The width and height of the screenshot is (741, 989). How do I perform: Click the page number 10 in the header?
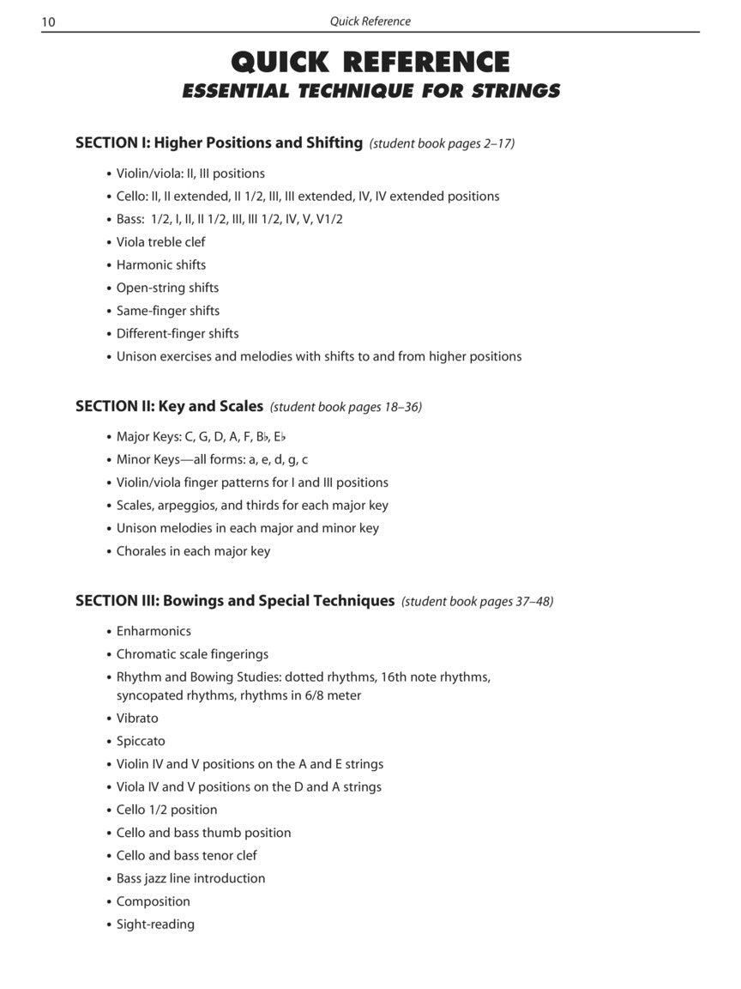coord(48,21)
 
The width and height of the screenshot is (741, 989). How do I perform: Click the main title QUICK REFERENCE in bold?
coord(370,62)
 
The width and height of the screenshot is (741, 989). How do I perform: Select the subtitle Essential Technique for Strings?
coord(370,91)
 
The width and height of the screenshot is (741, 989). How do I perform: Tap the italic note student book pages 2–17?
coord(442,144)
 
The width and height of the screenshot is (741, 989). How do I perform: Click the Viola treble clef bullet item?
coord(160,242)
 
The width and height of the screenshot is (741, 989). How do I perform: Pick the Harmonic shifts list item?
coord(161,265)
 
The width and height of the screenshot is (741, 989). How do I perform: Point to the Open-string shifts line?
coord(167,288)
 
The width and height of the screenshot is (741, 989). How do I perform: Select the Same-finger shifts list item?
coord(168,311)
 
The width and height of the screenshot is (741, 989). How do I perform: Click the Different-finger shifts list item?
coord(178,334)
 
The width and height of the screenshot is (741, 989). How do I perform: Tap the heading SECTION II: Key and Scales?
coord(169,406)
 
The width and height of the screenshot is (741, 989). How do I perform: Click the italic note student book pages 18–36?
coord(346,407)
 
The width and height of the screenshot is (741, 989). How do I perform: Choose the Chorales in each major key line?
coord(193,551)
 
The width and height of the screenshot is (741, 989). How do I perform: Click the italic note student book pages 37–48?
coord(477,602)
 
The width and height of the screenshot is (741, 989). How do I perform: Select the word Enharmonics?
coord(154,631)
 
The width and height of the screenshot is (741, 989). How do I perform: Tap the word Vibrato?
coord(137,719)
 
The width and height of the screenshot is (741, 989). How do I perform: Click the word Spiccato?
coord(141,741)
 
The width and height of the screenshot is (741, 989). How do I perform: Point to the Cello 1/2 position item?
coord(166,810)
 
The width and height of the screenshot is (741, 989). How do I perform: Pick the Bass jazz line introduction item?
coord(190,878)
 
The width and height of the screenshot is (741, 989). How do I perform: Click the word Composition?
coord(153,901)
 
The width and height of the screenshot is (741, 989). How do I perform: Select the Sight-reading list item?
coord(155,925)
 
